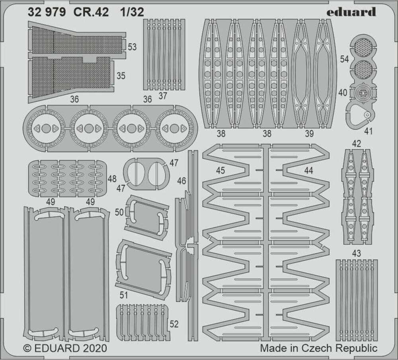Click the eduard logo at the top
pos(351,12)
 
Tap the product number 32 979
pos(47,12)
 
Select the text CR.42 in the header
pos(91,12)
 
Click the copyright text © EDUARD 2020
pos(65,348)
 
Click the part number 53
pos(132,47)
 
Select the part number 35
pos(121,75)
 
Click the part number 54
pos(345,59)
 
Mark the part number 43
pos(356,253)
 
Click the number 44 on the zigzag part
pos(308,170)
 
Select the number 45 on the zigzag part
pos(220,170)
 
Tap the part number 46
pos(181,181)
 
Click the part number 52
pos(174,324)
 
